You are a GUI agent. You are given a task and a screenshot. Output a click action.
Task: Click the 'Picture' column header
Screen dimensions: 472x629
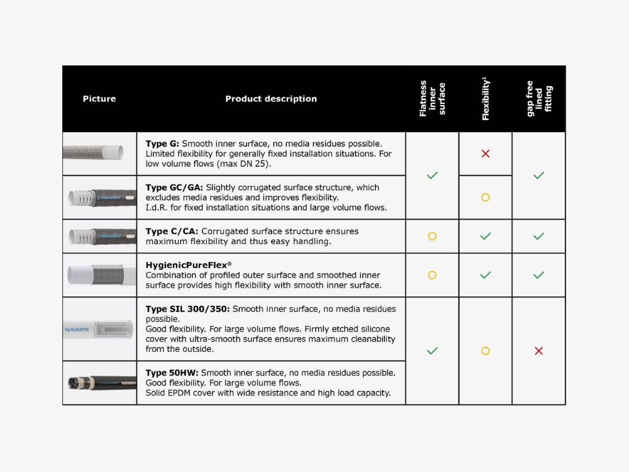[x=99, y=99]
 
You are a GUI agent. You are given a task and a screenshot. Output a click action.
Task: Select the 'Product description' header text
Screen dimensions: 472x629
[x=271, y=99]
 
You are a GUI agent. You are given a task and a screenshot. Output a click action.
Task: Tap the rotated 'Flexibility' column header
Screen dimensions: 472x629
[x=485, y=99]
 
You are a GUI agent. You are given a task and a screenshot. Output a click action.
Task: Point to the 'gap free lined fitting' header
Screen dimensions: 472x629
[x=539, y=99]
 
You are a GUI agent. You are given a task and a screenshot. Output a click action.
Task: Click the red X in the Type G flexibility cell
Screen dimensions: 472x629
[x=485, y=154]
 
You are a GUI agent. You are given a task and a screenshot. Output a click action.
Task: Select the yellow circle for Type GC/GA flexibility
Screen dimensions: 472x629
[x=485, y=198]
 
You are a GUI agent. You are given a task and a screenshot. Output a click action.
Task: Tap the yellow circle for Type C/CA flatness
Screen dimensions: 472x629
[x=432, y=237]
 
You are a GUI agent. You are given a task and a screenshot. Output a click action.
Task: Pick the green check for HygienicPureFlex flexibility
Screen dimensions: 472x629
[x=485, y=275]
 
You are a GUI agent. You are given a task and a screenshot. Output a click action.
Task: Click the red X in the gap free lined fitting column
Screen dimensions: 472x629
[x=538, y=351]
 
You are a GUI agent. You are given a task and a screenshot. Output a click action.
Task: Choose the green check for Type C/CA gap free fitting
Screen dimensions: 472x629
[x=538, y=237]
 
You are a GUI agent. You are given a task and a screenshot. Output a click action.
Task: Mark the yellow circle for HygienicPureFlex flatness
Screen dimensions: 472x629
[x=432, y=275]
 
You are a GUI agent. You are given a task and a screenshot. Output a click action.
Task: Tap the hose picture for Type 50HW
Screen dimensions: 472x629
[x=99, y=383]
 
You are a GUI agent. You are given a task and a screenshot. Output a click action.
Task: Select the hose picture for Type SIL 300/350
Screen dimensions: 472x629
[x=99, y=329]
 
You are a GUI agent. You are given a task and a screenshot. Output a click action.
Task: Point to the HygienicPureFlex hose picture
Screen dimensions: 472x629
[x=99, y=275]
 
